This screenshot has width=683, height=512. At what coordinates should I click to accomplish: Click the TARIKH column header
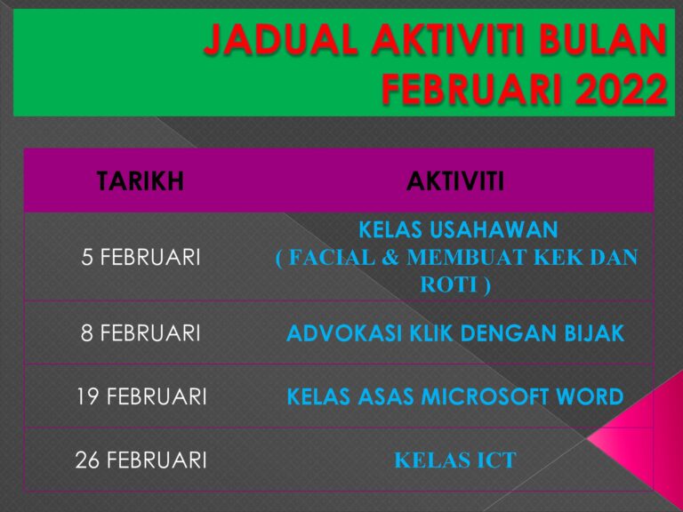(141, 181)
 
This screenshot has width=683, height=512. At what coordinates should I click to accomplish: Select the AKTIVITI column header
(455, 181)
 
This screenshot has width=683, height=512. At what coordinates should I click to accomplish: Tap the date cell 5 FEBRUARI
(141, 258)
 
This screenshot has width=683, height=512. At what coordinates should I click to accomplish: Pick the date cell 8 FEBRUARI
(141, 333)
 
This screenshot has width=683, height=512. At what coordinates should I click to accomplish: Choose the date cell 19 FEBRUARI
(141, 396)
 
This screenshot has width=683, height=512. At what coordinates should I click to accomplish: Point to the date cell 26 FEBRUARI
(141, 460)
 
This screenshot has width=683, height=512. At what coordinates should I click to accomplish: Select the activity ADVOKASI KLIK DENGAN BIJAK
(455, 333)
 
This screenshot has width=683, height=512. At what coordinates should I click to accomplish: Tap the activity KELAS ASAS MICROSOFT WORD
(455, 396)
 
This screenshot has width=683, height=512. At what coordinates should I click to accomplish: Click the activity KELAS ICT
(454, 460)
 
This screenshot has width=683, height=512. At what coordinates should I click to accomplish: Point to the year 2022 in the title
(623, 90)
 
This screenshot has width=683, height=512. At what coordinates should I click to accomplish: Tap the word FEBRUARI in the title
(474, 90)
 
